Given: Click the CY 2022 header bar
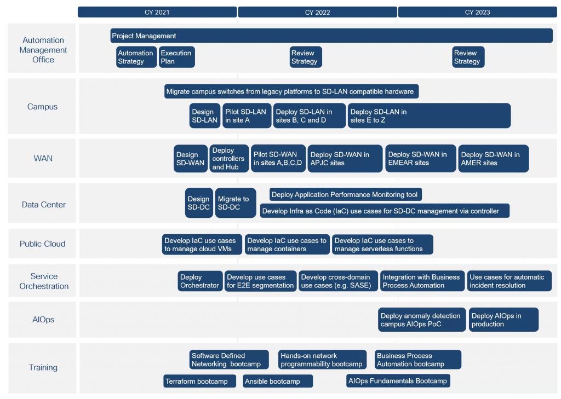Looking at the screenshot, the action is click(x=317, y=12).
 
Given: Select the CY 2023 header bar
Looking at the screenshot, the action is click(x=477, y=12).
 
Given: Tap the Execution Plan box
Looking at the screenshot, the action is click(x=177, y=57).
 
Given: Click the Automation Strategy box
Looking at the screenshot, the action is click(x=136, y=57).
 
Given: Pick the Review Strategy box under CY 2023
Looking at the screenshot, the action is click(x=468, y=57).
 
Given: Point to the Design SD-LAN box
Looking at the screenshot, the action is click(x=205, y=116).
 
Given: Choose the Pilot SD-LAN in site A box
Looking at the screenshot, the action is click(x=247, y=116).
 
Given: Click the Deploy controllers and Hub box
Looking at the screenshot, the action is click(x=229, y=158).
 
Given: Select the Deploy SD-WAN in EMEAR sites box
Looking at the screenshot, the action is click(x=420, y=158).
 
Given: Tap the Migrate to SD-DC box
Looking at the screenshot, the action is click(x=236, y=203).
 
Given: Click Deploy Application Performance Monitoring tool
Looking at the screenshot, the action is click(x=346, y=194).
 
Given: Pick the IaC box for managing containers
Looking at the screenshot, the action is click(x=287, y=245).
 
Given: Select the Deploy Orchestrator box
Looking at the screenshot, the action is click(x=200, y=281).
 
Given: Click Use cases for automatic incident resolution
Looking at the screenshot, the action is click(x=509, y=281).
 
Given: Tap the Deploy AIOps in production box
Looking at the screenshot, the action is click(x=503, y=320).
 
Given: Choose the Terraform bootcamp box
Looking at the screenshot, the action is click(x=199, y=381).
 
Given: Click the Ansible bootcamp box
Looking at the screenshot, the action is click(x=278, y=381).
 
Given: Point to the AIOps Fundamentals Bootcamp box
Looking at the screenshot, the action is click(x=398, y=381).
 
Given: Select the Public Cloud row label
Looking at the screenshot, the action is click(x=43, y=244).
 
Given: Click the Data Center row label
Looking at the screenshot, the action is click(x=44, y=205).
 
